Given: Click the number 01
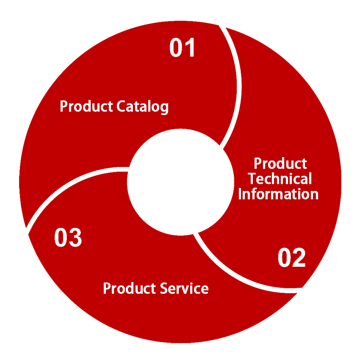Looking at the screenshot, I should point(183,48).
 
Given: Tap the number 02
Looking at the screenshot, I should point(292,258).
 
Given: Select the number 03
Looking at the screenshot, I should point(68,238).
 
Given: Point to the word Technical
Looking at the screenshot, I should point(280,179).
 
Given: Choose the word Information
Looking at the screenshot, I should point(278,194).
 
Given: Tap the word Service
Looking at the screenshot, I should point(185,288).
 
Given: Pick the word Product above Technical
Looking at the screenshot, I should point(280,163).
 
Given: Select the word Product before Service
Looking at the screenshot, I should point(130,288).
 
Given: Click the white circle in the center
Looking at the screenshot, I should point(181,182).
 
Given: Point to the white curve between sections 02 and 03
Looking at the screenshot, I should point(237,275).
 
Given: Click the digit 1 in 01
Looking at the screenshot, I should point(190,48).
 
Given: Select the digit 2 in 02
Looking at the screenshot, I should point(299,258).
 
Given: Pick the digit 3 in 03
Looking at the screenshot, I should point(75,238).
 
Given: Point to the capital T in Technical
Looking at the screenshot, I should point(252,179).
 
